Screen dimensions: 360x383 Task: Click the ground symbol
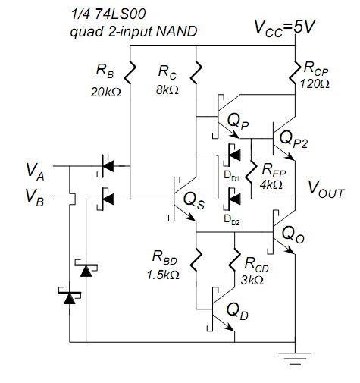pyautogui.click(x=295, y=359)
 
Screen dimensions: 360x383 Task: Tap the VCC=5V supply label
pyautogui.click(x=285, y=27)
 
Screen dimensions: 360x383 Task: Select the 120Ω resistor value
pyautogui.click(x=315, y=83)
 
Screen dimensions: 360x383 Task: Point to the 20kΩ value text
pyautogui.click(x=106, y=92)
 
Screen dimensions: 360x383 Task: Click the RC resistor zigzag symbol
pyautogui.click(x=196, y=72)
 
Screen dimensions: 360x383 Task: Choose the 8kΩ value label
pyautogui.click(x=167, y=89)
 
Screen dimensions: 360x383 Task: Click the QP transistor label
pyautogui.click(x=238, y=121)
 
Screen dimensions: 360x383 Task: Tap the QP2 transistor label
pyautogui.click(x=293, y=140)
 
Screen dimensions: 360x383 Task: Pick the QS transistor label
pyautogui.click(x=194, y=200)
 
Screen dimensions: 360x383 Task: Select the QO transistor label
pyautogui.click(x=293, y=234)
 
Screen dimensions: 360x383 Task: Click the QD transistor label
pyautogui.click(x=237, y=311)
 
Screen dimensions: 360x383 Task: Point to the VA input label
pyautogui.click(x=35, y=171)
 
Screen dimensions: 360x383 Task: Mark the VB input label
pyautogui.click(x=35, y=197)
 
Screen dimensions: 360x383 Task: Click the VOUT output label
pyautogui.click(x=326, y=190)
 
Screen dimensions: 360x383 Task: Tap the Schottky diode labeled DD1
pyautogui.click(x=232, y=155)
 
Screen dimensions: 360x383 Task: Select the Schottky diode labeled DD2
pyautogui.click(x=232, y=199)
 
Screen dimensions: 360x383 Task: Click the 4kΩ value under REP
pyautogui.click(x=271, y=185)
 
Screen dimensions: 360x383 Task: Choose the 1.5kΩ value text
pyautogui.click(x=163, y=275)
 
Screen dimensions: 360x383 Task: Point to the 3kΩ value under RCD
pyautogui.click(x=252, y=280)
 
